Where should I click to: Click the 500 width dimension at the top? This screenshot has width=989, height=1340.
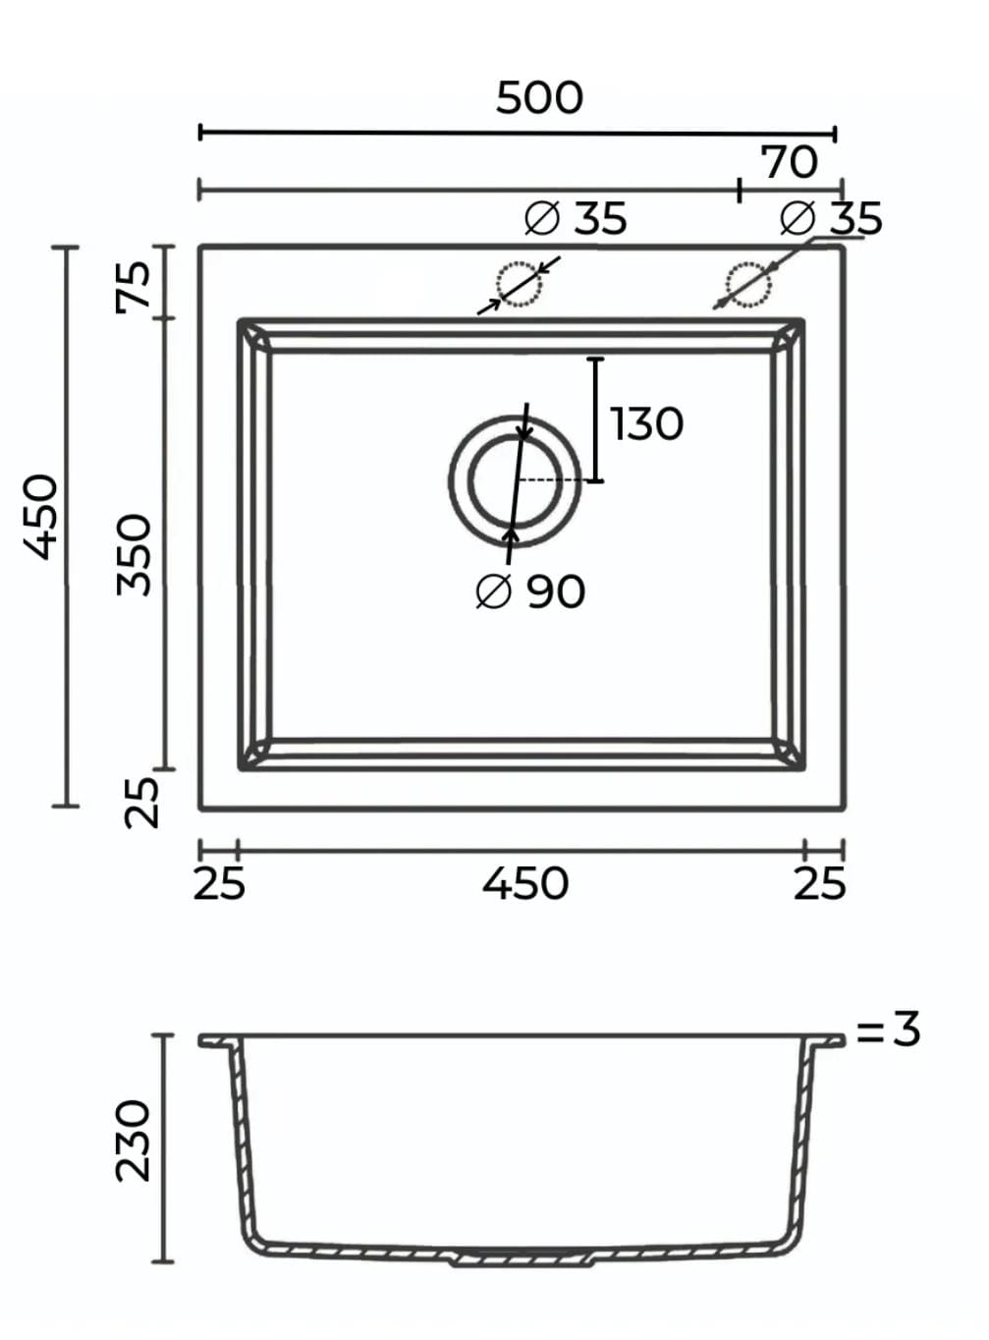pos(539,98)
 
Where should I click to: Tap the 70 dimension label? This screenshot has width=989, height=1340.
pos(790,162)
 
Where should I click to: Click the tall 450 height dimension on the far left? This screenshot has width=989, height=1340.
pos(40,517)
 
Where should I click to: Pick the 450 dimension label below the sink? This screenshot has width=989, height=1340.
pos(525,884)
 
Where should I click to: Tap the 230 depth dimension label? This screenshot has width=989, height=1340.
pos(133,1141)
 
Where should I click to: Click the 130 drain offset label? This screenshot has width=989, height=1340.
pos(646,423)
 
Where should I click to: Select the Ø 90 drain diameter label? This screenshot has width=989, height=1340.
pos(530,591)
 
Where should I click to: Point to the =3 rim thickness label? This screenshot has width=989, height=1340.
pos(888,1029)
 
